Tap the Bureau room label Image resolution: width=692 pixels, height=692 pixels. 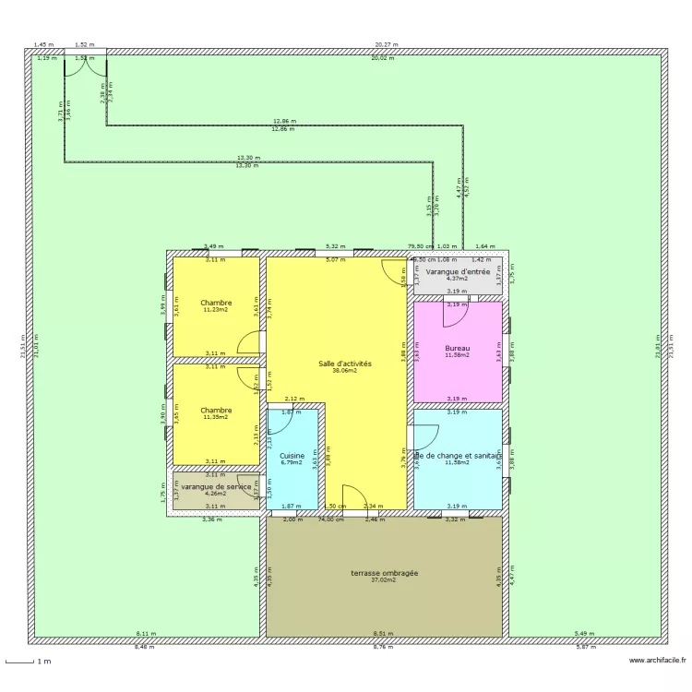457,348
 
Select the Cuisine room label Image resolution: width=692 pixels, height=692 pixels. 292,456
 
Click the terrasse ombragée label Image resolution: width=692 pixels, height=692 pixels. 384,573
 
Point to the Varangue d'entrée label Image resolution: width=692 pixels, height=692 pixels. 457,272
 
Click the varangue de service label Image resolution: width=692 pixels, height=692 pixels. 216,486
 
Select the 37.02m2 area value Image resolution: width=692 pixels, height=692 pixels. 384,580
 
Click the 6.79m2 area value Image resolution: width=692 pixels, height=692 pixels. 292,463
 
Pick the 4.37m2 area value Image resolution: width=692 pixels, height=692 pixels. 457,280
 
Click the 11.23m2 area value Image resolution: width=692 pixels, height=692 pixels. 216,310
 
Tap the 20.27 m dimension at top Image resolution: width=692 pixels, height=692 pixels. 387,44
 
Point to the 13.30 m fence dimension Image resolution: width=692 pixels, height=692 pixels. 248,158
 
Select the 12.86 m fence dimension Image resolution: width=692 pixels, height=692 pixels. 284,122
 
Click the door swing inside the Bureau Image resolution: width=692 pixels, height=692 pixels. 454,314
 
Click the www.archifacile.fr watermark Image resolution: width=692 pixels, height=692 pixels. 657,661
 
